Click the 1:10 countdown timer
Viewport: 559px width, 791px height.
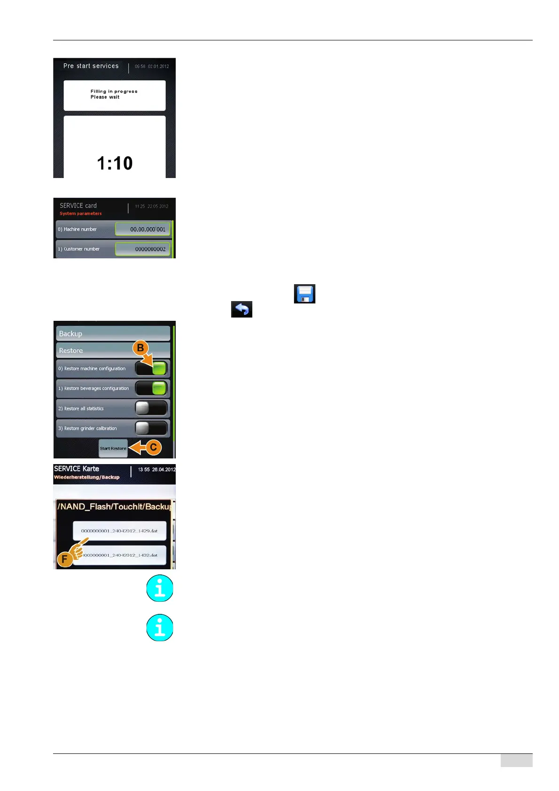[115, 163]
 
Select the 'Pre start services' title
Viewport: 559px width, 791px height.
[91, 66]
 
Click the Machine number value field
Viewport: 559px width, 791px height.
[143, 229]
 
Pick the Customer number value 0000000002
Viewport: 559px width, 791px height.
[143, 249]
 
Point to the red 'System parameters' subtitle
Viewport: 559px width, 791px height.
[80, 214]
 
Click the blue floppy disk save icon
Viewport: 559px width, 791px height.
[304, 294]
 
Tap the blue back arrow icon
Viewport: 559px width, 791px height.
[241, 310]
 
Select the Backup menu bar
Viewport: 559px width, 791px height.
[113, 333]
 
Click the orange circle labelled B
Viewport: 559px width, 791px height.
[140, 348]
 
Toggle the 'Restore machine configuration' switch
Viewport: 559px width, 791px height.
[151, 369]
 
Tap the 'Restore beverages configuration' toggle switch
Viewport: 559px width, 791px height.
[151, 388]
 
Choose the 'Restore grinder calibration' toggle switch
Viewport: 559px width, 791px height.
[151, 428]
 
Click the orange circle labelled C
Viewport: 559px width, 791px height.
[153, 447]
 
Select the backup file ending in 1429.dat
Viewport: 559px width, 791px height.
[119, 531]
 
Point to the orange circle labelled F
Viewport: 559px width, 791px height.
[65, 559]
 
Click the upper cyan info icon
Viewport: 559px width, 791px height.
[160, 588]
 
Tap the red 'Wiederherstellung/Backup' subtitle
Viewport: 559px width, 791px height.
[86, 477]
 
